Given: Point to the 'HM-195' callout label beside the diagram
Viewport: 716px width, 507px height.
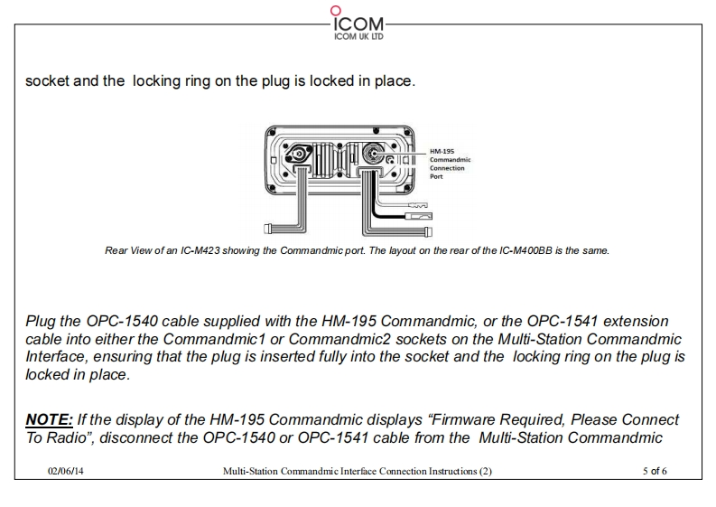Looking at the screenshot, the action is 442,151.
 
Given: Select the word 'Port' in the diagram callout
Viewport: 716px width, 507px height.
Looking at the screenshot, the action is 435,176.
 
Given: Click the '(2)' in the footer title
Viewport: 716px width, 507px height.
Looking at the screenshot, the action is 485,471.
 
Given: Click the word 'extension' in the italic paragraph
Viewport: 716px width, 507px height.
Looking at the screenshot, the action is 637,322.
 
